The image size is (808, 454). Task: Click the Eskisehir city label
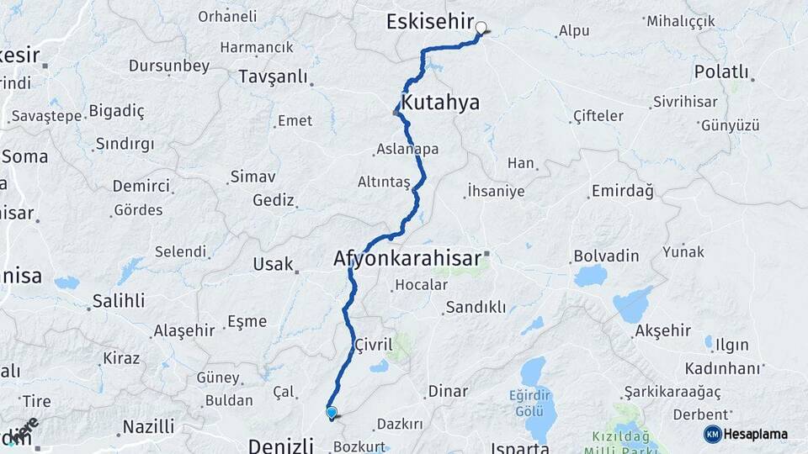coord(429,22)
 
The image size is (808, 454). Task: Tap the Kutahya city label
coord(440,103)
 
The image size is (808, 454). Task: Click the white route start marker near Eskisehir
coord(481,28)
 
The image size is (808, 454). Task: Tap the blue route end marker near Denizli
coord(332,413)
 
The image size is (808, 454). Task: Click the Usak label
coord(273,264)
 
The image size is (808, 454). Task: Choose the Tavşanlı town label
coord(274,77)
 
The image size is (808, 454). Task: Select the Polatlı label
coord(721,71)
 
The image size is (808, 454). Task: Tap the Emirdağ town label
coord(622,192)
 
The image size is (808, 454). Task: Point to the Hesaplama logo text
coord(756,434)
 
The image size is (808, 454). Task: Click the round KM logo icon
coord(712,434)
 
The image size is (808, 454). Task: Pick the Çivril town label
coord(374,345)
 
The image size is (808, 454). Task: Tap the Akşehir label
coord(663,330)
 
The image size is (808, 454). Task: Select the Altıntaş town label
coord(384,182)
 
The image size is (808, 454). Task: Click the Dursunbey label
coord(169,66)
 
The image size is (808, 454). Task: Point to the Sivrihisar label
coord(684,102)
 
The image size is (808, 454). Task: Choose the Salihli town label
coord(119,300)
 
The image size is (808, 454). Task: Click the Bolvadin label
coord(606,256)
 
